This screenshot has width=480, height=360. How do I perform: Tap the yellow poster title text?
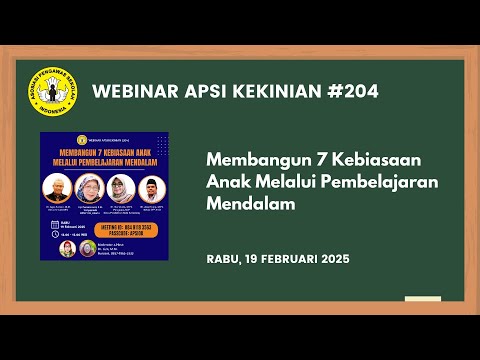click(104, 160)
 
